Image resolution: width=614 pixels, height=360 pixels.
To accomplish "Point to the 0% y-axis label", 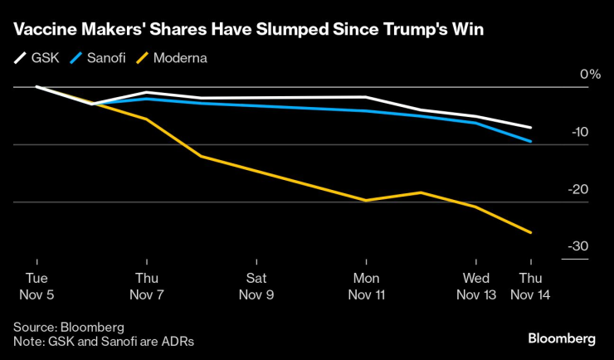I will coord(589,75).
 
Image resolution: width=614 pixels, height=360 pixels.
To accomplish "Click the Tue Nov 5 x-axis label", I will coord(37,285).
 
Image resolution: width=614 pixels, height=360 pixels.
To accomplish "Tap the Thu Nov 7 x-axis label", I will coord(147,285).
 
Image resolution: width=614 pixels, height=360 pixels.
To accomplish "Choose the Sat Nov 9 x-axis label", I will coord(256,285).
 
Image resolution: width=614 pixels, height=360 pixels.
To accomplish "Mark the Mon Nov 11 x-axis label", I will coord(366,285).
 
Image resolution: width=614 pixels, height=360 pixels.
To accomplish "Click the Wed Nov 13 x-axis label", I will coord(476,285).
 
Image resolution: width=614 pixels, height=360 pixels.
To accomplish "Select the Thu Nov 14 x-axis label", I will coord(531,285).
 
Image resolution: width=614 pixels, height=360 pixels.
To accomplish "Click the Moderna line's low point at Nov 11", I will coord(366,201).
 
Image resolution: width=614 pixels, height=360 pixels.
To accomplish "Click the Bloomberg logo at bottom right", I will coord(562,338).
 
